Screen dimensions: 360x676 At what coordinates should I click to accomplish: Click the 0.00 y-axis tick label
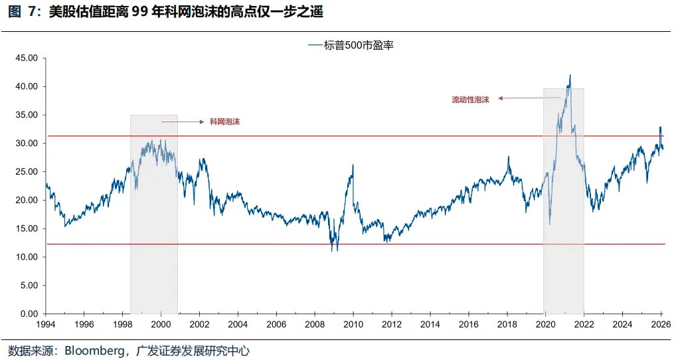[x=29, y=314]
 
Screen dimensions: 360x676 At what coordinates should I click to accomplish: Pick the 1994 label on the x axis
[x=46, y=325]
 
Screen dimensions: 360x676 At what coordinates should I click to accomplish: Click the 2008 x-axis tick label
[x=314, y=325]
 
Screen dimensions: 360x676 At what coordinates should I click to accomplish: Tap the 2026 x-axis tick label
[x=659, y=325]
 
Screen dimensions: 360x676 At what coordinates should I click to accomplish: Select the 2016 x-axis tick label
[x=468, y=325]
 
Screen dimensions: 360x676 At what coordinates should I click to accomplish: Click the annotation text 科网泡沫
[x=224, y=122]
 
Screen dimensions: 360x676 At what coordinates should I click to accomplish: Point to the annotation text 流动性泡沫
[x=470, y=99]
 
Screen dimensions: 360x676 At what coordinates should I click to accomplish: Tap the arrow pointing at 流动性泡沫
[x=529, y=98]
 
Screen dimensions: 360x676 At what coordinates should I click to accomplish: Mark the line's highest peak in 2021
[x=570, y=75]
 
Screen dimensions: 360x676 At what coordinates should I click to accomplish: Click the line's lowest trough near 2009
[x=332, y=250]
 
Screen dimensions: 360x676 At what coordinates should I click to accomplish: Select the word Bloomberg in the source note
[x=93, y=350]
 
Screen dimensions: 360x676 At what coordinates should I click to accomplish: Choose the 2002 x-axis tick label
[x=199, y=325]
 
